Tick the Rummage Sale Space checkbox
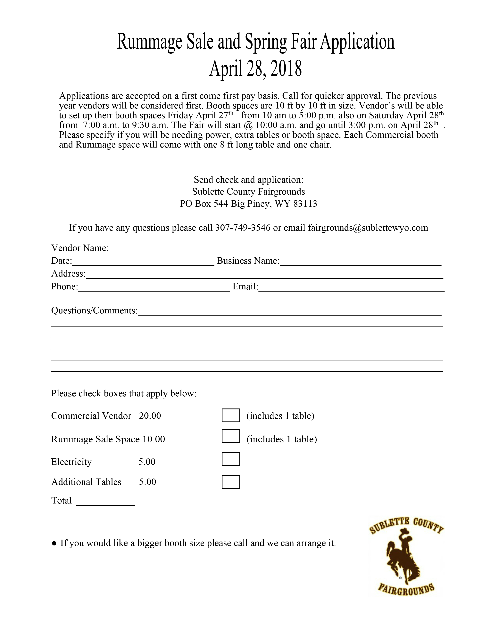231,436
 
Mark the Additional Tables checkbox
231,482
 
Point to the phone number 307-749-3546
243,228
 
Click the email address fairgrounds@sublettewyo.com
368,228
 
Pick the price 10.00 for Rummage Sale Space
154,439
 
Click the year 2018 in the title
286,68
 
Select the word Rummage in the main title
150,42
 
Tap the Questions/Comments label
94,310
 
